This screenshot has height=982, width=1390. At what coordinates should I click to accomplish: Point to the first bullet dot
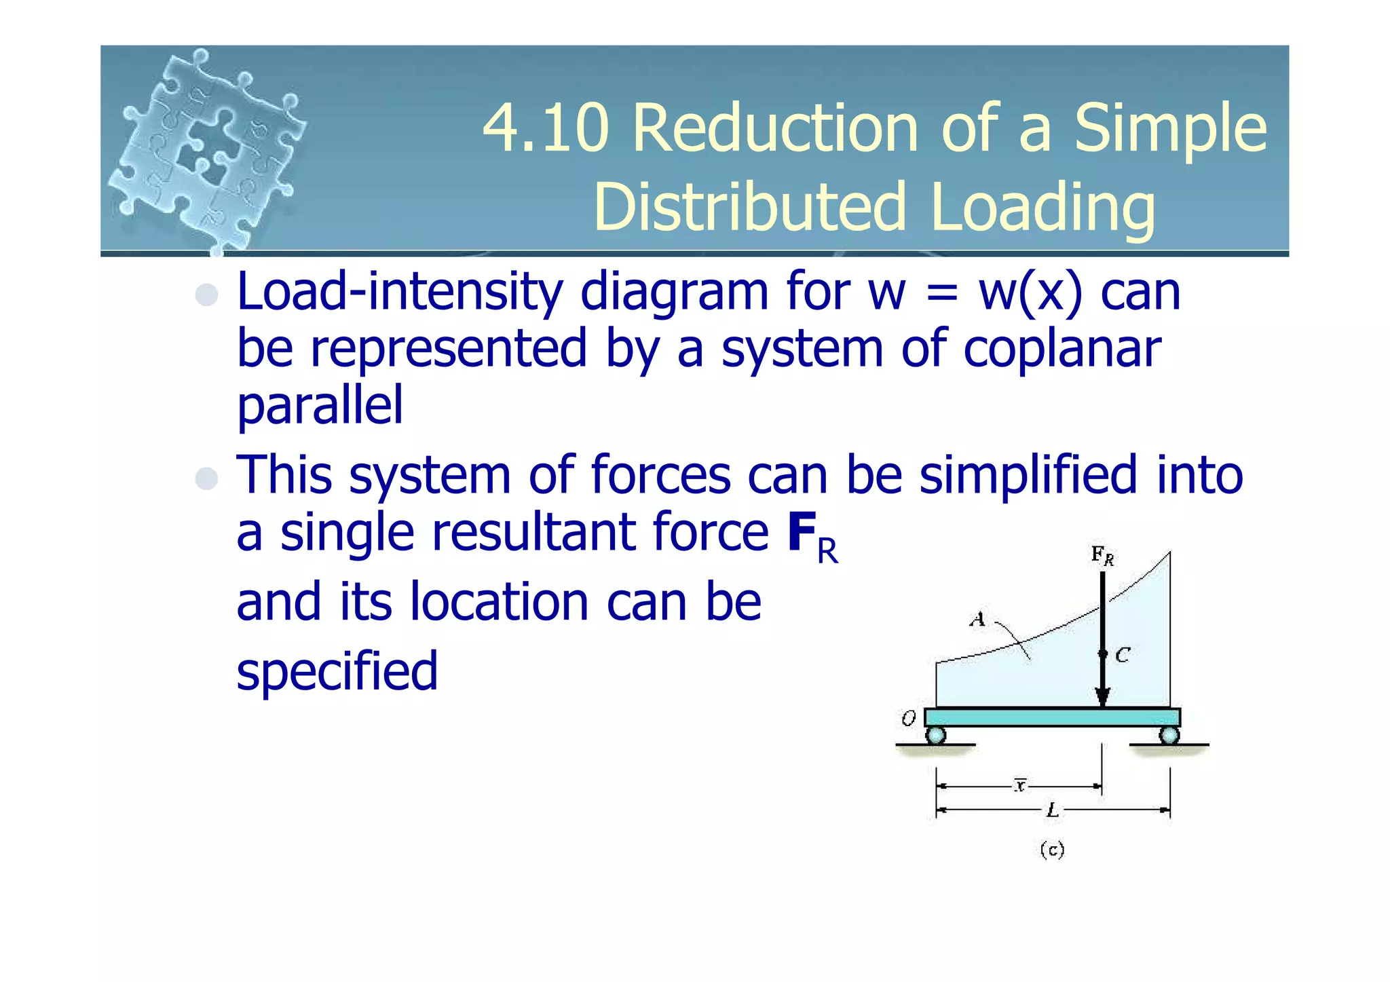[x=206, y=295]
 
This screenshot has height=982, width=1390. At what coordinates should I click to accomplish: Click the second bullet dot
[x=206, y=478]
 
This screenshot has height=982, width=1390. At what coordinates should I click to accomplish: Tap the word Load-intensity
[x=400, y=292]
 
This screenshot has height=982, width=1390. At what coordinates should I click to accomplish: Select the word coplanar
[x=1062, y=349]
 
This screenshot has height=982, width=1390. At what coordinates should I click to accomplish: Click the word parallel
[x=320, y=405]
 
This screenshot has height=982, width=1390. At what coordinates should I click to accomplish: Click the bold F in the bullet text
[x=802, y=533]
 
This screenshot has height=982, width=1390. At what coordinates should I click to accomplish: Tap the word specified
[x=337, y=671]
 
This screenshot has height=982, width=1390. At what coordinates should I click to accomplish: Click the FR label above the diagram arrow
[x=1102, y=555]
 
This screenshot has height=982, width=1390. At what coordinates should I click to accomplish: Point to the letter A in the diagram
[x=977, y=619]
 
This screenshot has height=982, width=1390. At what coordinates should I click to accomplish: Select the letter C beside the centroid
[x=1123, y=655]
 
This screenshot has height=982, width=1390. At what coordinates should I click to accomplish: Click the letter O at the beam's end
[x=908, y=718]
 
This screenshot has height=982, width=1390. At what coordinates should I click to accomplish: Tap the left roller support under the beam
[x=935, y=735]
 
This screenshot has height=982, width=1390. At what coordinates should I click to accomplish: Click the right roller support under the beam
[x=1169, y=735]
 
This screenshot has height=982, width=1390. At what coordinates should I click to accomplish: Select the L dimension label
[x=1052, y=810]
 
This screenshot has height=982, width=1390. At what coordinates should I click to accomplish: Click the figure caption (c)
[x=1052, y=850]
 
